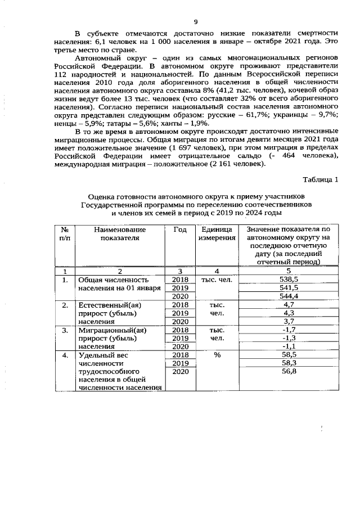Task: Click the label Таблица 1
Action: pos(321,180)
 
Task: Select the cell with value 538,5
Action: pos(289,279)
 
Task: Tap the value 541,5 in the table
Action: pos(289,287)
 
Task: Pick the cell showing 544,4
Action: pos(289,296)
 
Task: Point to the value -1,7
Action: pos(289,330)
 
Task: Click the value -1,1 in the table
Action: pos(289,346)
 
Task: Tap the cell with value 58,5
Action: pos(289,355)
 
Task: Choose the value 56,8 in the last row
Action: pos(289,372)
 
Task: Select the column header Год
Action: pos(179,229)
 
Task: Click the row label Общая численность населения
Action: pos(119,283)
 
